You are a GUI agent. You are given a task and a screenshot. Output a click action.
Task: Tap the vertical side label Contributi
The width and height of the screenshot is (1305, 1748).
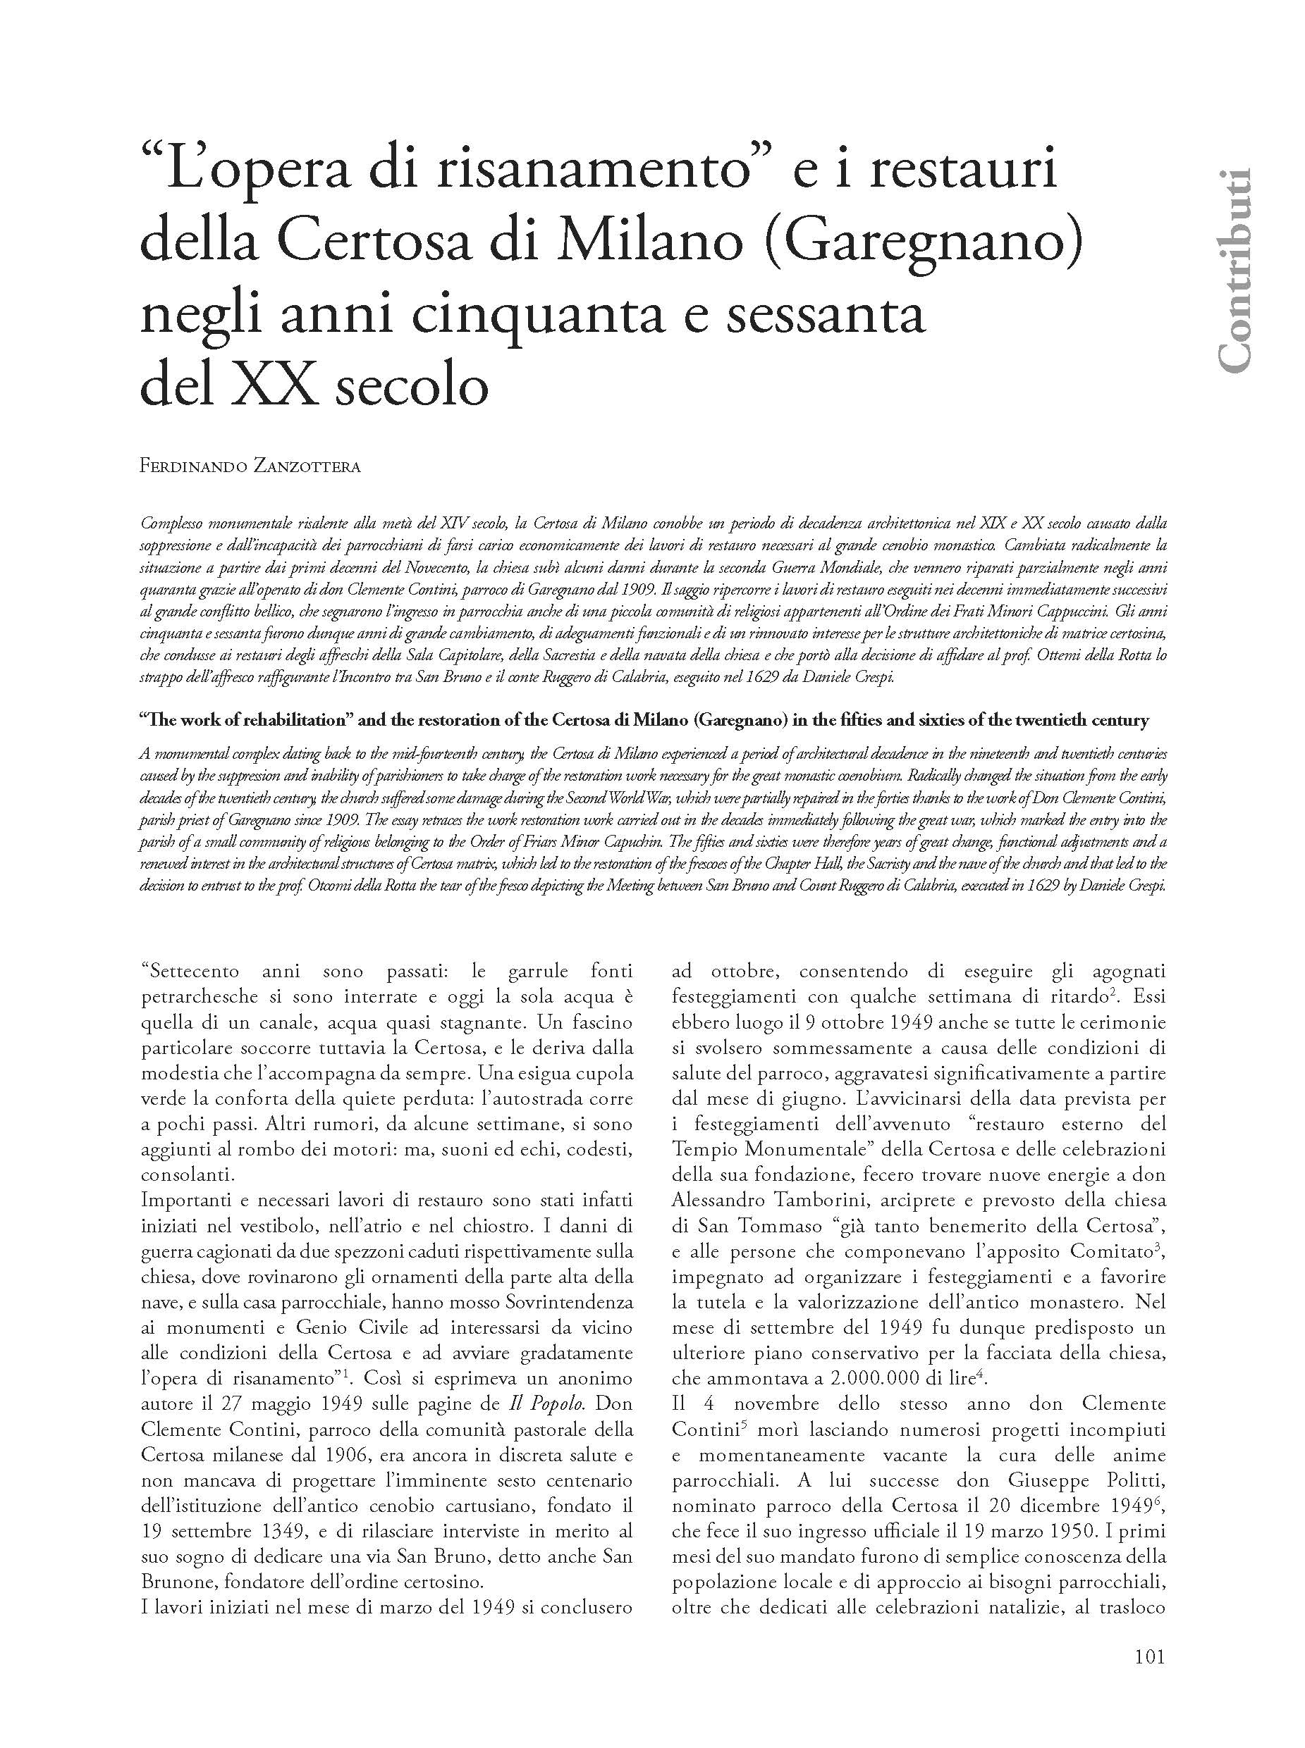point(1234,270)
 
